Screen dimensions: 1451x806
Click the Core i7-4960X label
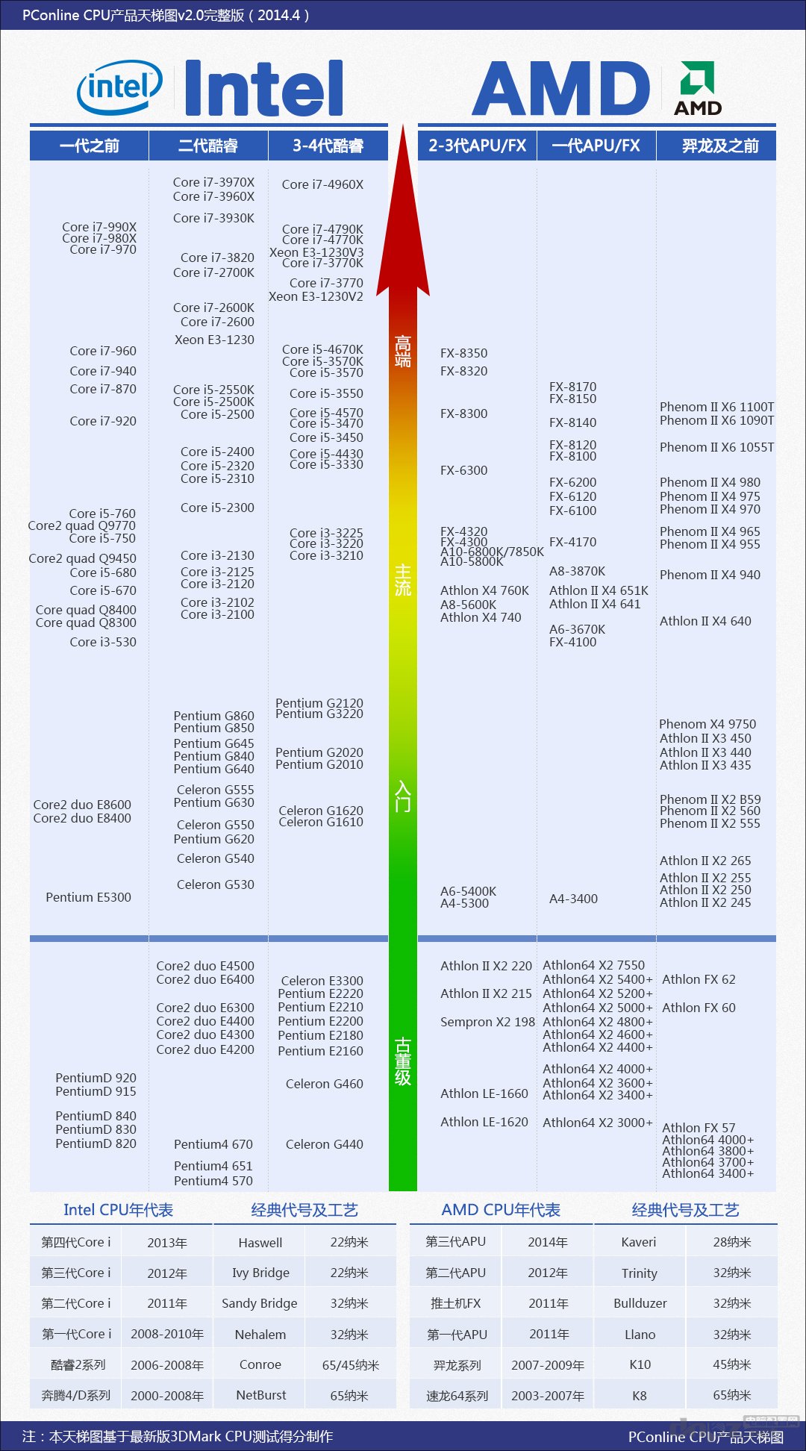(322, 184)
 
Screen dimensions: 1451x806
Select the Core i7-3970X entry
(213, 182)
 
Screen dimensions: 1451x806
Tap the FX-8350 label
(463, 353)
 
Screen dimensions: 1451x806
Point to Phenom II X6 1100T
(716, 407)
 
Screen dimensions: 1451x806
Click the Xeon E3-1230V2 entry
(316, 296)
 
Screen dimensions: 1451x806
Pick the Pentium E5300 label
(88, 897)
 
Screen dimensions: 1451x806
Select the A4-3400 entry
(573, 899)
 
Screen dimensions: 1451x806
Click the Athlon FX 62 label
(699, 979)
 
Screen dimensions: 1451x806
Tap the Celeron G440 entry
(324, 1144)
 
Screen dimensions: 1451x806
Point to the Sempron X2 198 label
(487, 1022)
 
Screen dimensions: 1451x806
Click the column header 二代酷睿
(208, 146)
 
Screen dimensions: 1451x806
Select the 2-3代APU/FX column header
(478, 146)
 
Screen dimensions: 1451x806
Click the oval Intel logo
(119, 88)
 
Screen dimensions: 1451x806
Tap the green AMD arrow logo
(698, 78)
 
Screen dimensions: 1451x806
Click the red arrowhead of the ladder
(403, 224)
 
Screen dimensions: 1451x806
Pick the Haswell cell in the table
(260, 1243)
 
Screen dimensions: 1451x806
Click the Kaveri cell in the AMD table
(639, 1242)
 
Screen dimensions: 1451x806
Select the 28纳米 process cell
(732, 1242)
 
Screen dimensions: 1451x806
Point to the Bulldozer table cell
(640, 1303)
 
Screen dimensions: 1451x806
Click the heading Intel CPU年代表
(118, 1210)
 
